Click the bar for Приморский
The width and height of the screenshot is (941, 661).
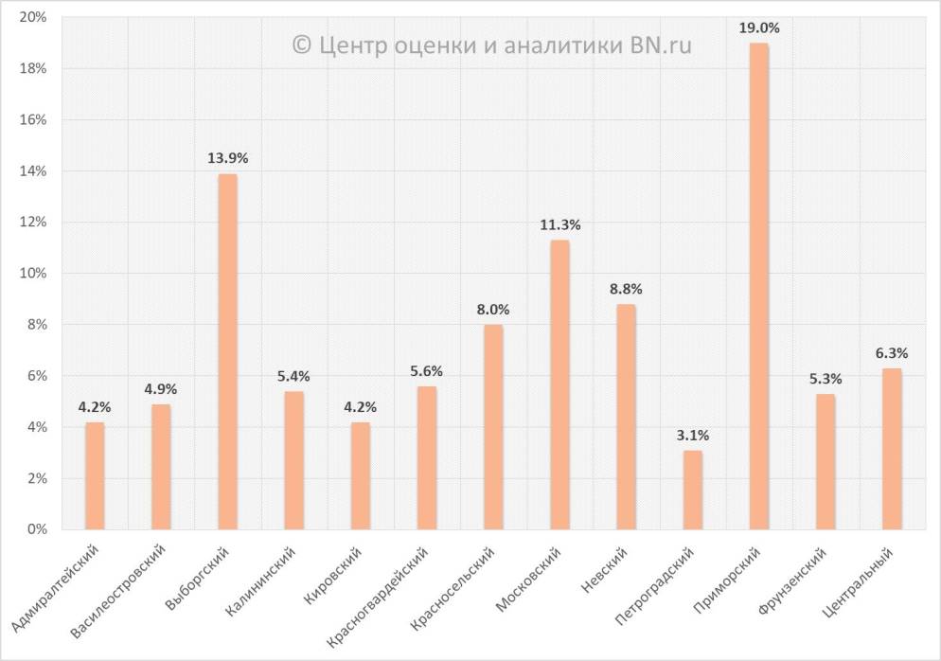coord(758,286)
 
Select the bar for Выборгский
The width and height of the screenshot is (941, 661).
coord(227,351)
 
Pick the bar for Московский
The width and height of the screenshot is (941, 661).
coord(559,384)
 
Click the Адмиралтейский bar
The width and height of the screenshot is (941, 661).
coord(95,475)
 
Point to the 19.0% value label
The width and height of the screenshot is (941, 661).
coord(758,28)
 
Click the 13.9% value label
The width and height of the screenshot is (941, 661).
coord(227,158)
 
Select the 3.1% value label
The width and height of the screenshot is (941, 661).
coord(692,436)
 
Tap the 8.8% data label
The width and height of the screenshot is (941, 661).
coord(626,289)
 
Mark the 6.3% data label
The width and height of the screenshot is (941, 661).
coord(891,353)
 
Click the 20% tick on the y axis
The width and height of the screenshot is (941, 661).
coord(34,18)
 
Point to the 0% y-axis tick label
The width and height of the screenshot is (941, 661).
coord(38,529)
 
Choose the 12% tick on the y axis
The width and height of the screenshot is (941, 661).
coord(34,223)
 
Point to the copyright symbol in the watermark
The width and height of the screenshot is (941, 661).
coord(302,44)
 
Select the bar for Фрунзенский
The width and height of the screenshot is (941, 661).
coord(825,461)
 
